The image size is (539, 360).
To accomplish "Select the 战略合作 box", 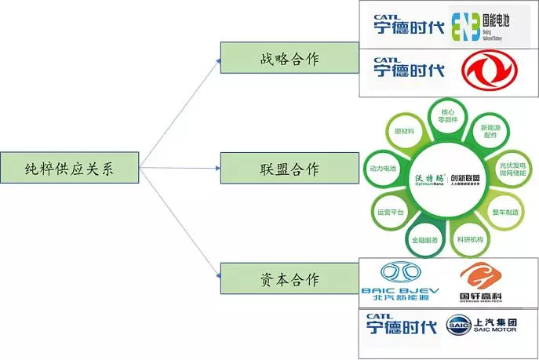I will pos(269,60).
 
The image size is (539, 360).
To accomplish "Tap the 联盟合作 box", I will pos(269,169).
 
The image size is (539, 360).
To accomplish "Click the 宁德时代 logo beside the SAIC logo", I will pos(405,326).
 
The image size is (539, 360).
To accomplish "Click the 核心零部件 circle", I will pos(448,117).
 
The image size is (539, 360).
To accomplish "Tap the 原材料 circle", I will pos(405,132).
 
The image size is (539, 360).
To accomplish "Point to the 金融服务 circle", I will pos(424,238).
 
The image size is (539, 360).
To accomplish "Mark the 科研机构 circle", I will pos(470,238).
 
